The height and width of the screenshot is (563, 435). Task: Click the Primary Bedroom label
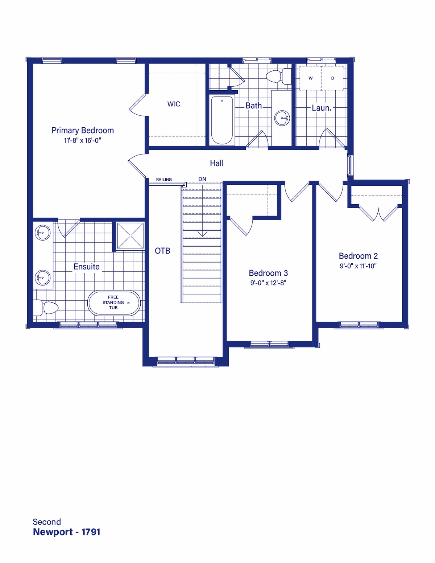pos(83,130)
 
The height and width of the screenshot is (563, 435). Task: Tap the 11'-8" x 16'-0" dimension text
pos(83,140)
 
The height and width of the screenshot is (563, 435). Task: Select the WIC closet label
pos(174,104)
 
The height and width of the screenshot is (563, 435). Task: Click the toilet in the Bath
pos(279,76)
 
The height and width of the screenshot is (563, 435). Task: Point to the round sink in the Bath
pos(282,118)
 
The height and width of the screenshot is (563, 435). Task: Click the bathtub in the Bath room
pos(222,120)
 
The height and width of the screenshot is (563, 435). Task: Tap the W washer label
pos(311,78)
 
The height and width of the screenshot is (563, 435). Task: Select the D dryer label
pos(333,78)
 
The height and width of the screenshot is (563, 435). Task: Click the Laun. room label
pos(322,108)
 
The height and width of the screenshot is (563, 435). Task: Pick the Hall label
pos(217,163)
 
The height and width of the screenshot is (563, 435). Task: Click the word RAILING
pos(164,179)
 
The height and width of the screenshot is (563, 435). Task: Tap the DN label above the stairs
pos(202,179)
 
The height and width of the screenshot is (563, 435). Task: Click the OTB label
pos(162,251)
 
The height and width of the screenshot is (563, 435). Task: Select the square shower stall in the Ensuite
pos(130,236)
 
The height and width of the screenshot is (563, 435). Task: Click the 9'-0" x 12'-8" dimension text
pos(268,283)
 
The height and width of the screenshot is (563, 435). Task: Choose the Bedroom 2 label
pos(358,256)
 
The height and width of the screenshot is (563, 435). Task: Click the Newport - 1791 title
pos(66,532)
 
